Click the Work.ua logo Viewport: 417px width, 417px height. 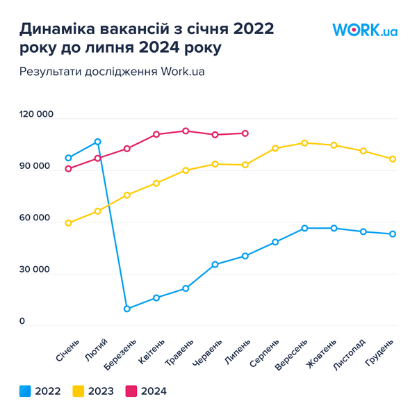pos(365,31)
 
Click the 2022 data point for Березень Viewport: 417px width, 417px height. pos(127,309)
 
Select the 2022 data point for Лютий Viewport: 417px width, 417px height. pos(98,142)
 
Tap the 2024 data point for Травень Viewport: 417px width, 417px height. pos(186,131)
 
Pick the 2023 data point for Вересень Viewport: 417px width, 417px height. pos(304,143)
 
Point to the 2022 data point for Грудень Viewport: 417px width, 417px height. pos(393,234)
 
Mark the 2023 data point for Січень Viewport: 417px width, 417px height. pos(68,223)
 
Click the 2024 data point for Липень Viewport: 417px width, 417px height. pos(245,133)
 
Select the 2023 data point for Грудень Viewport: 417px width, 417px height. pos(393,159)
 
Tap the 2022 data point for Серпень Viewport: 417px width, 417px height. pos(275,242)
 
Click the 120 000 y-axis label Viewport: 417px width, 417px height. pos(35,115)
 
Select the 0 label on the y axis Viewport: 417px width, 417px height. pos(22,321)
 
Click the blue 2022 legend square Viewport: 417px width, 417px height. pos(25,391)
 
